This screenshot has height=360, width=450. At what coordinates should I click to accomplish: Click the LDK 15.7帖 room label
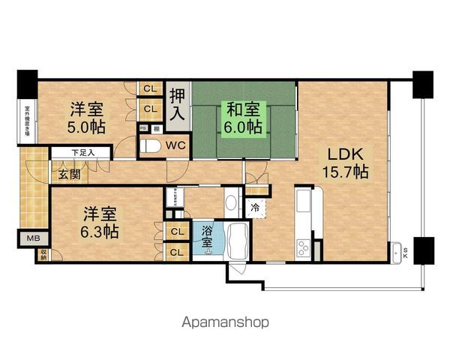point(346,163)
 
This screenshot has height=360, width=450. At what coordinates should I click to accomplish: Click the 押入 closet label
point(178,105)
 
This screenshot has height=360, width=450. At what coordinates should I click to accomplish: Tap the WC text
point(176,144)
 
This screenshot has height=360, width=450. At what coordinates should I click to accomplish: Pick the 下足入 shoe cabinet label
point(82,153)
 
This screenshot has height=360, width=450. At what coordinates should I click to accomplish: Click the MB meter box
point(35,240)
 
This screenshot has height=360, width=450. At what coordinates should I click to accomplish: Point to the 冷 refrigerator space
point(256,207)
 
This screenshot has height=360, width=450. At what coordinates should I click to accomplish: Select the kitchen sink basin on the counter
point(306,203)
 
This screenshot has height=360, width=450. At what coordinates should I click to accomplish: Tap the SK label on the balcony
point(406,253)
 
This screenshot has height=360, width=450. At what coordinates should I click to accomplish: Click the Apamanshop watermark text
point(225,323)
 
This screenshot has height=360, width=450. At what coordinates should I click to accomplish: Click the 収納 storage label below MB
point(43,253)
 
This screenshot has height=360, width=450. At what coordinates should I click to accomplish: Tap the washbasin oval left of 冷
point(231,204)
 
